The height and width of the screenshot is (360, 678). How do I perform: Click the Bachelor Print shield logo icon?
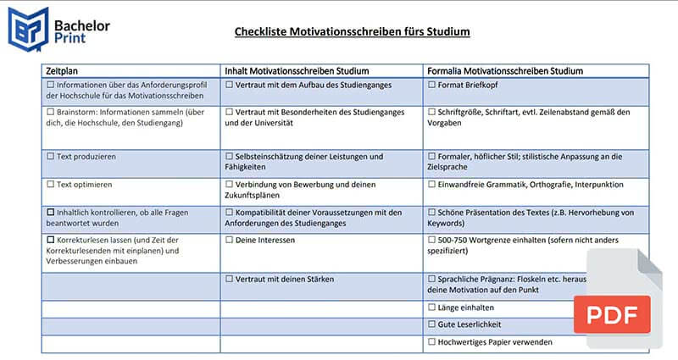[29, 26]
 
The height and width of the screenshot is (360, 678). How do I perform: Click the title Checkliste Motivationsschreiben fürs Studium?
[352, 32]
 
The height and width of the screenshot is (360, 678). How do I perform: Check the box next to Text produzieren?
[50, 157]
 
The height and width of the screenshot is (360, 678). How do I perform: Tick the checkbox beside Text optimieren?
[50, 184]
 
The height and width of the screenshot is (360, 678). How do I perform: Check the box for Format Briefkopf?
[431, 86]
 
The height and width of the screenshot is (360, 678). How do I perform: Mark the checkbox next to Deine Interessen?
[229, 240]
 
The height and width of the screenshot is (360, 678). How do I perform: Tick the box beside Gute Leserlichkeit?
[431, 324]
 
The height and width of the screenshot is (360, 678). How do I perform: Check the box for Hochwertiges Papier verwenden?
[431, 342]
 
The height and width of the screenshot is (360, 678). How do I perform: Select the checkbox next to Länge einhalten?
[431, 307]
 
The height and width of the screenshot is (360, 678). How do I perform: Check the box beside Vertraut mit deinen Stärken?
[229, 279]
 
